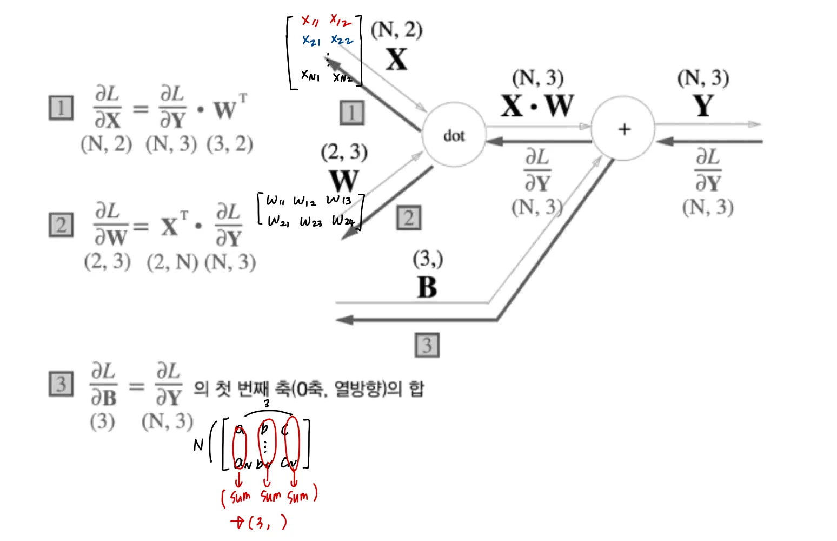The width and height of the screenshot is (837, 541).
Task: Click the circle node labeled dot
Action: pyautogui.click(x=454, y=134)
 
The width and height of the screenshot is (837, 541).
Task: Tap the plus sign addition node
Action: pyautogui.click(x=623, y=129)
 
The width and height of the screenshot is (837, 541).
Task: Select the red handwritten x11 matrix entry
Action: pyautogui.click(x=310, y=21)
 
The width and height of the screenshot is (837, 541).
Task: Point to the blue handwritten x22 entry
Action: pyautogui.click(x=342, y=39)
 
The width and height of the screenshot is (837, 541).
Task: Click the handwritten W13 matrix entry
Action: pyautogui.click(x=338, y=200)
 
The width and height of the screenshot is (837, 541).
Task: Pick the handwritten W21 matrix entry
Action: pyautogui.click(x=278, y=221)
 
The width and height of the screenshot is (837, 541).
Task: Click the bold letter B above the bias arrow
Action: pyautogui.click(x=427, y=287)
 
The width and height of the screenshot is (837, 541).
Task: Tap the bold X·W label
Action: pyautogui.click(x=537, y=105)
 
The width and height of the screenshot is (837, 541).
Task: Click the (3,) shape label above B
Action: pyautogui.click(x=428, y=260)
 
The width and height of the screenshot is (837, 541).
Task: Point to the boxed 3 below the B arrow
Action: pyautogui.click(x=427, y=345)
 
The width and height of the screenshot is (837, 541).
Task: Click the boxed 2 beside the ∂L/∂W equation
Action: pyautogui.click(x=61, y=225)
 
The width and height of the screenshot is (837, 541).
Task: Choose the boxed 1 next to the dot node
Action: pyautogui.click(x=352, y=113)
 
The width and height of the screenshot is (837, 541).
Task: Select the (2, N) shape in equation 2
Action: pyautogui.click(x=172, y=262)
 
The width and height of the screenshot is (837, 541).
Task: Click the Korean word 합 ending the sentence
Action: pyautogui.click(x=416, y=388)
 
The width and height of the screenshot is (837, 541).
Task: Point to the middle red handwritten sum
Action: pyautogui.click(x=270, y=496)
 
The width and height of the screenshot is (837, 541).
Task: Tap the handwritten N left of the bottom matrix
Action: pyautogui.click(x=198, y=445)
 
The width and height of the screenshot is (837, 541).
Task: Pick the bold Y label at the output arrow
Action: pyautogui.click(x=703, y=105)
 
